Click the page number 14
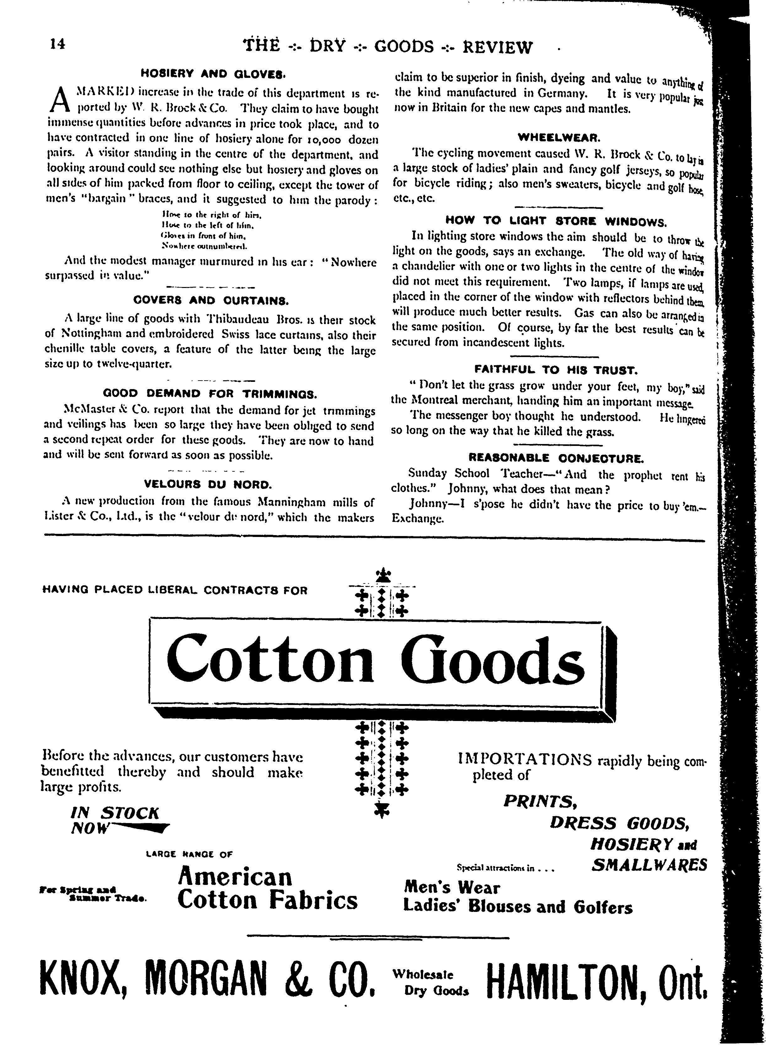pyautogui.click(x=59, y=44)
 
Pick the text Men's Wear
pyautogui.click(x=452, y=887)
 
